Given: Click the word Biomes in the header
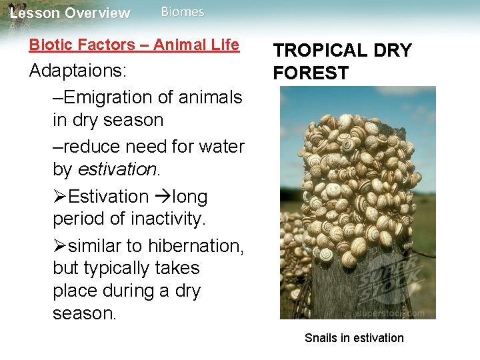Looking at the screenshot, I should pyautogui.click(x=183, y=12).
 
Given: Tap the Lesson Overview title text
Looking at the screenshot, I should pyautogui.click(x=70, y=13).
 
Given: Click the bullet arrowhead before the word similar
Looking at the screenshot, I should pyautogui.click(x=59, y=246).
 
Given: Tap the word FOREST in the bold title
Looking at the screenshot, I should pyautogui.click(x=311, y=73).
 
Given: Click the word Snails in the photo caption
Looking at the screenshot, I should pyautogui.click(x=321, y=338).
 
